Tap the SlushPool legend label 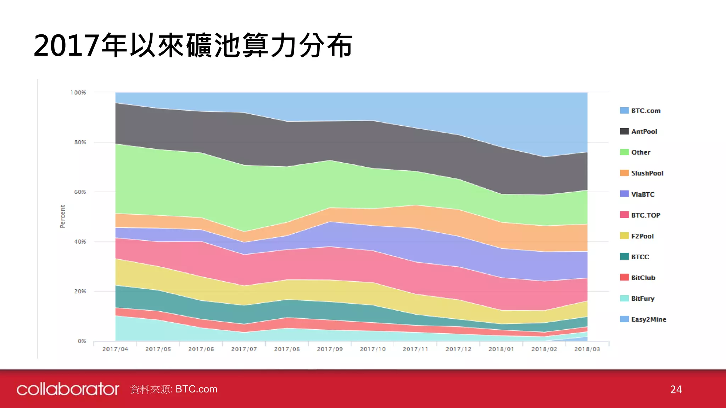[x=647, y=173]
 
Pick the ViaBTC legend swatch [x=624, y=194]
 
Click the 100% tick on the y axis [x=78, y=93]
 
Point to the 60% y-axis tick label [x=80, y=192]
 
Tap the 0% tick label [x=82, y=341]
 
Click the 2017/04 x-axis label [x=115, y=349]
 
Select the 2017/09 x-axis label [x=330, y=349]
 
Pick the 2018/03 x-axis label [x=587, y=349]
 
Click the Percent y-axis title [x=63, y=216]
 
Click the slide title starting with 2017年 [x=193, y=45]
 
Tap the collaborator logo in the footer [x=68, y=389]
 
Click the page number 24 [x=676, y=390]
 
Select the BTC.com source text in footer [x=196, y=389]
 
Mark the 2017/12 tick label [x=458, y=349]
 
